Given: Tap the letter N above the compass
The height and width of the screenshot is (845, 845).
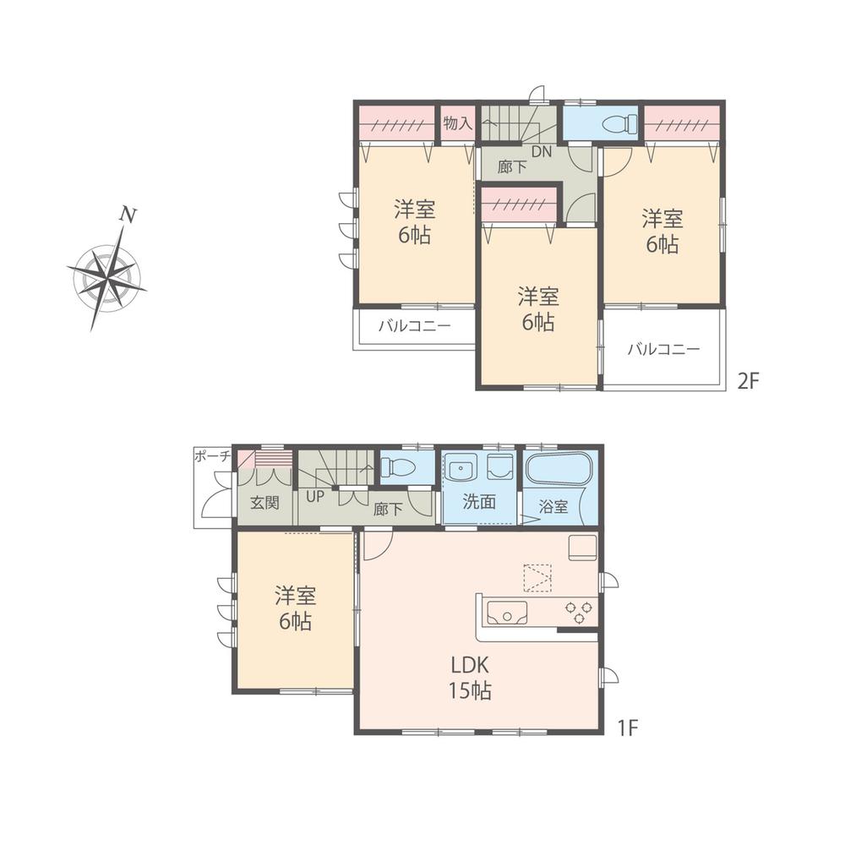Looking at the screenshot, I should point(128,215).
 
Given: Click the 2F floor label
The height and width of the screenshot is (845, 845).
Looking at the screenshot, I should point(749,380).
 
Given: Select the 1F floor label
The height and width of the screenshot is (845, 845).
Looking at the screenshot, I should point(627,726).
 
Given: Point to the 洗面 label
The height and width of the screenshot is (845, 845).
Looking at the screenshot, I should point(478,502).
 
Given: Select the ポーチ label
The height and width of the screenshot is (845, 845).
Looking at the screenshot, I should point(212,455).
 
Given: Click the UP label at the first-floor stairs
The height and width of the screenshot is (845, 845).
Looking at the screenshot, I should point(314,497).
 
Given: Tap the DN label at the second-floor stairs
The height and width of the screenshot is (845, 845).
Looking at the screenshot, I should point(542,153).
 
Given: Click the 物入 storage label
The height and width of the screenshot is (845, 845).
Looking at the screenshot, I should point(457,123).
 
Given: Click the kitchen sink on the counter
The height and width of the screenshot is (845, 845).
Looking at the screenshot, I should point(504,612).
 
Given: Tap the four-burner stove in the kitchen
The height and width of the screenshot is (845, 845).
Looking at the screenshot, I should point(577,608).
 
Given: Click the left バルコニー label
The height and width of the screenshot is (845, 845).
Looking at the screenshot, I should point(414,325).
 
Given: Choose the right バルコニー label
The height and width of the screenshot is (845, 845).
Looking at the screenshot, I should point(663,347).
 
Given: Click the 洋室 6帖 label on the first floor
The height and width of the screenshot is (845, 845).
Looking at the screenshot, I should point(295,609).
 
